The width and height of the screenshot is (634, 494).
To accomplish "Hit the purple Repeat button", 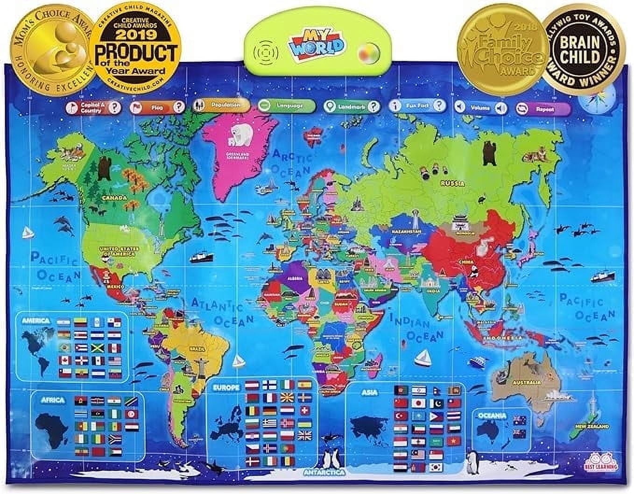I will click(542, 109).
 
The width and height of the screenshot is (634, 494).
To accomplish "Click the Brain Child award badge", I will click(579, 50).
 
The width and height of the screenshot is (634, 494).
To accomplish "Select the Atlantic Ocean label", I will click(223, 311).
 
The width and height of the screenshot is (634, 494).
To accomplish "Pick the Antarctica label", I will click(324, 473).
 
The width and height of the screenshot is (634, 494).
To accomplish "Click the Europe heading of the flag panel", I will click(226, 388).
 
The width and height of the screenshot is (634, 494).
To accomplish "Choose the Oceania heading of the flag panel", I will click(491, 415).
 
